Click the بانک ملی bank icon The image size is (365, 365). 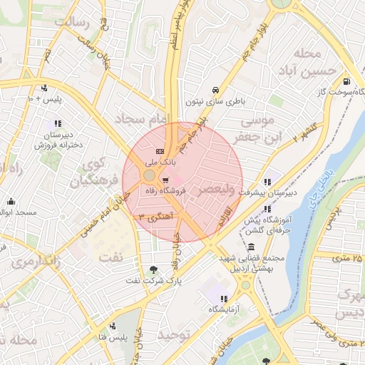coord(159,151)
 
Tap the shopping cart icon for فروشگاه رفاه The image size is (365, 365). coord(165,180)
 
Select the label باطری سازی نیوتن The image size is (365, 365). coord(215,101)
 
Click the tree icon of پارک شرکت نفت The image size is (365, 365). coord(155,269)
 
